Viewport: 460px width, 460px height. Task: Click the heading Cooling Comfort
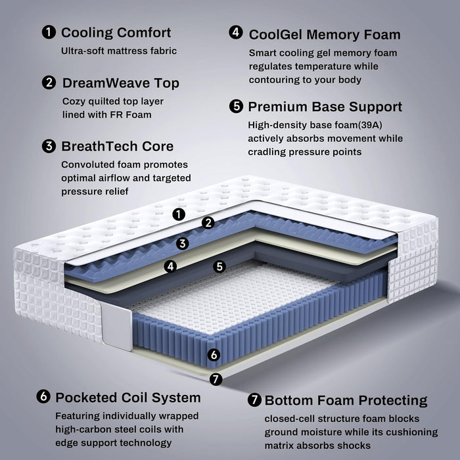[x=116, y=33]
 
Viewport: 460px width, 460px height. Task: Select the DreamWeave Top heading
[x=120, y=83]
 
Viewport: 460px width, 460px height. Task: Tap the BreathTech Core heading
[x=117, y=147]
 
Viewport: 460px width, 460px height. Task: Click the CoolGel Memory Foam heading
[x=325, y=34]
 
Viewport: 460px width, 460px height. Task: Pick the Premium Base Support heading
[x=325, y=106]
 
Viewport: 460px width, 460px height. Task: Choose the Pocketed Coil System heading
[x=128, y=398]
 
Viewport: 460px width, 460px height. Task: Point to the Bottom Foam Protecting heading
[x=345, y=400]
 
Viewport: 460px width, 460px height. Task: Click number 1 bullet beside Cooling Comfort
[x=48, y=33]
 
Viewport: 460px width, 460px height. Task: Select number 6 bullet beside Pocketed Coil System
[x=44, y=398]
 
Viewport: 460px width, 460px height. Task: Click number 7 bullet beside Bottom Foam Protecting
[x=254, y=400]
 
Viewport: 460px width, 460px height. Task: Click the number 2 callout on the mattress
[x=208, y=223]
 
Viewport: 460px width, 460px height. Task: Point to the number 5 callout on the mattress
[x=219, y=267]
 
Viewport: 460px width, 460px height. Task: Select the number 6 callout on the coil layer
[x=212, y=355]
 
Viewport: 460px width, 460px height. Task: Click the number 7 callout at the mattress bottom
[x=214, y=379]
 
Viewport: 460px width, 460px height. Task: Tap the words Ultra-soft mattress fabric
[x=119, y=51]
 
